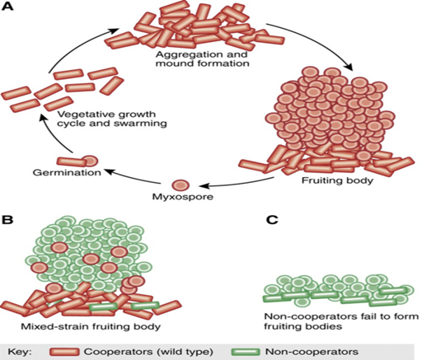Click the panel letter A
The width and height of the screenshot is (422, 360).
7,7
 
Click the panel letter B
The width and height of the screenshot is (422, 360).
7,220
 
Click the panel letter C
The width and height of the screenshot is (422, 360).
272,220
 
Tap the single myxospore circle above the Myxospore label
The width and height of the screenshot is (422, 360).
181,185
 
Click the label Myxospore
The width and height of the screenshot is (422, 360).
183,197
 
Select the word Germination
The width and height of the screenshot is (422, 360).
67,172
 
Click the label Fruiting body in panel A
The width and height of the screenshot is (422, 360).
337,180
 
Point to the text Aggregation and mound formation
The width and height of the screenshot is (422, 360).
203,58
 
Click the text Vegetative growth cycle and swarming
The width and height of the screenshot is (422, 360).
112,119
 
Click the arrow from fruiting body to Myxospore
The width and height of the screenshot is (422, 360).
237,184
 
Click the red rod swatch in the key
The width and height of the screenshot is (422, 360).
64,352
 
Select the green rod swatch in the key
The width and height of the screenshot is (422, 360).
246,352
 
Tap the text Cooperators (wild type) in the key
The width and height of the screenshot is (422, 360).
148,352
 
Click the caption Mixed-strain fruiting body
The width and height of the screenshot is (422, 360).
91,327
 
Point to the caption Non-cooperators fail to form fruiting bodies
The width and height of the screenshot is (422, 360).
341,321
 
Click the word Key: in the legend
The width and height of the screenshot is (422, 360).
20,352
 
